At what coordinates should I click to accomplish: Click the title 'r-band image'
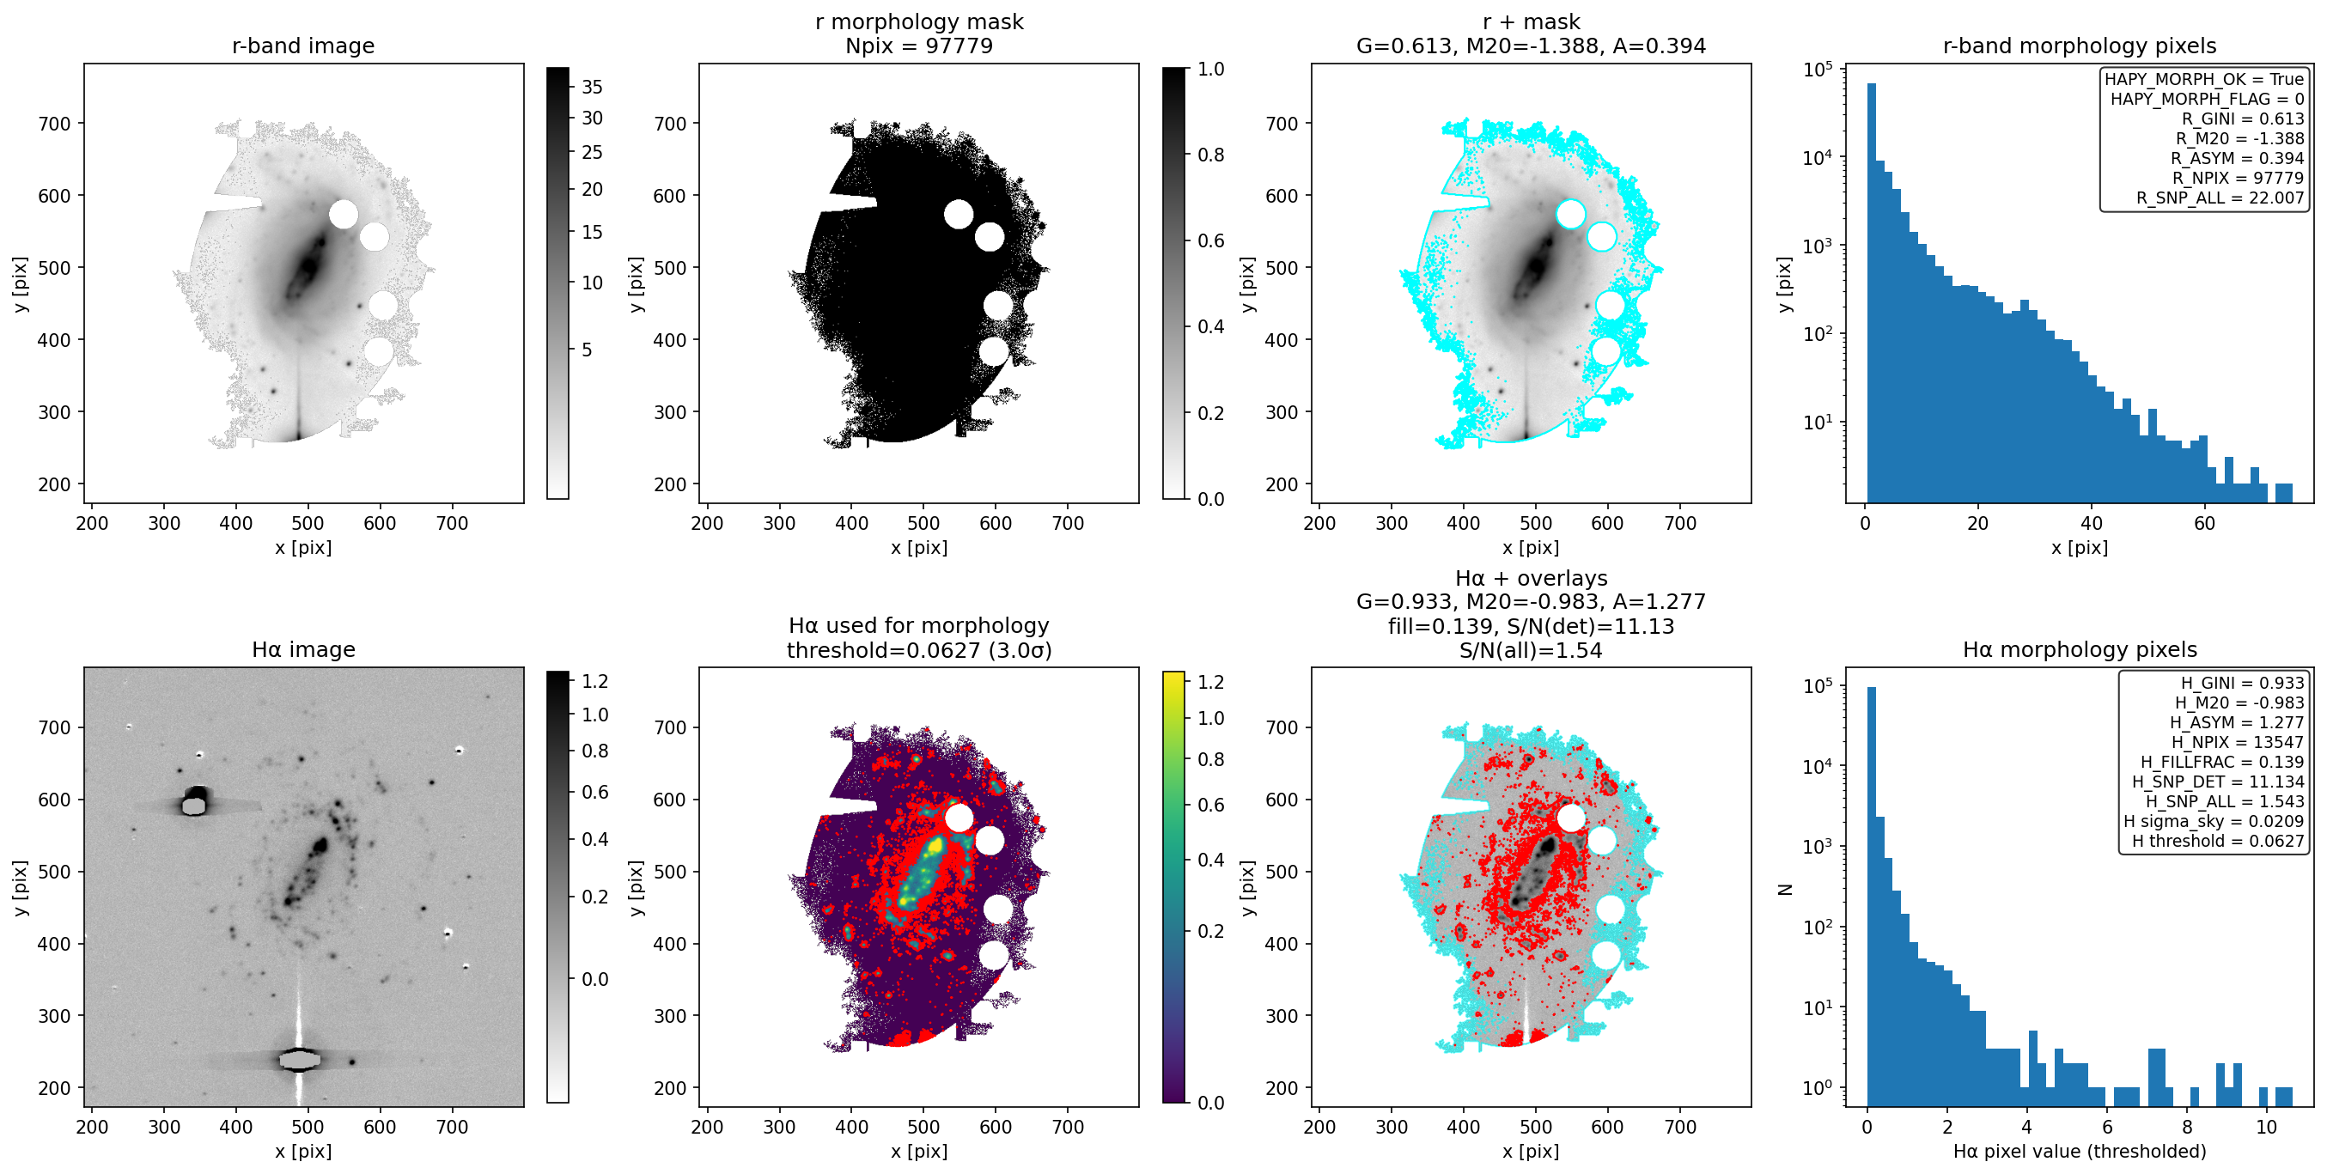[x=302, y=46]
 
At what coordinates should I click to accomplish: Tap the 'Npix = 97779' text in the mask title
[x=919, y=46]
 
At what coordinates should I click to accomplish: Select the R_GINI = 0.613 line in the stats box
[x=2243, y=119]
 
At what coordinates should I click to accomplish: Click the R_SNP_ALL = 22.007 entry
[x=2220, y=198]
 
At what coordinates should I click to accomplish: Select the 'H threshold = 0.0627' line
[x=2218, y=841]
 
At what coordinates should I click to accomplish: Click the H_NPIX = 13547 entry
[x=2238, y=741]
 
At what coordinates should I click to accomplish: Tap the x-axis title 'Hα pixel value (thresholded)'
[x=2079, y=1152]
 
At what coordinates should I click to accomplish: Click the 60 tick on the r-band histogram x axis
[x=2204, y=524]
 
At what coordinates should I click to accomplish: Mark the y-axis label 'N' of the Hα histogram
[x=1784, y=890]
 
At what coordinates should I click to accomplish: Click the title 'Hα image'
[x=302, y=649]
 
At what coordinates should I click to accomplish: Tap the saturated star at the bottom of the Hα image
[x=299, y=1059]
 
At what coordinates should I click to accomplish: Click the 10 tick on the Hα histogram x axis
[x=2265, y=1127]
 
